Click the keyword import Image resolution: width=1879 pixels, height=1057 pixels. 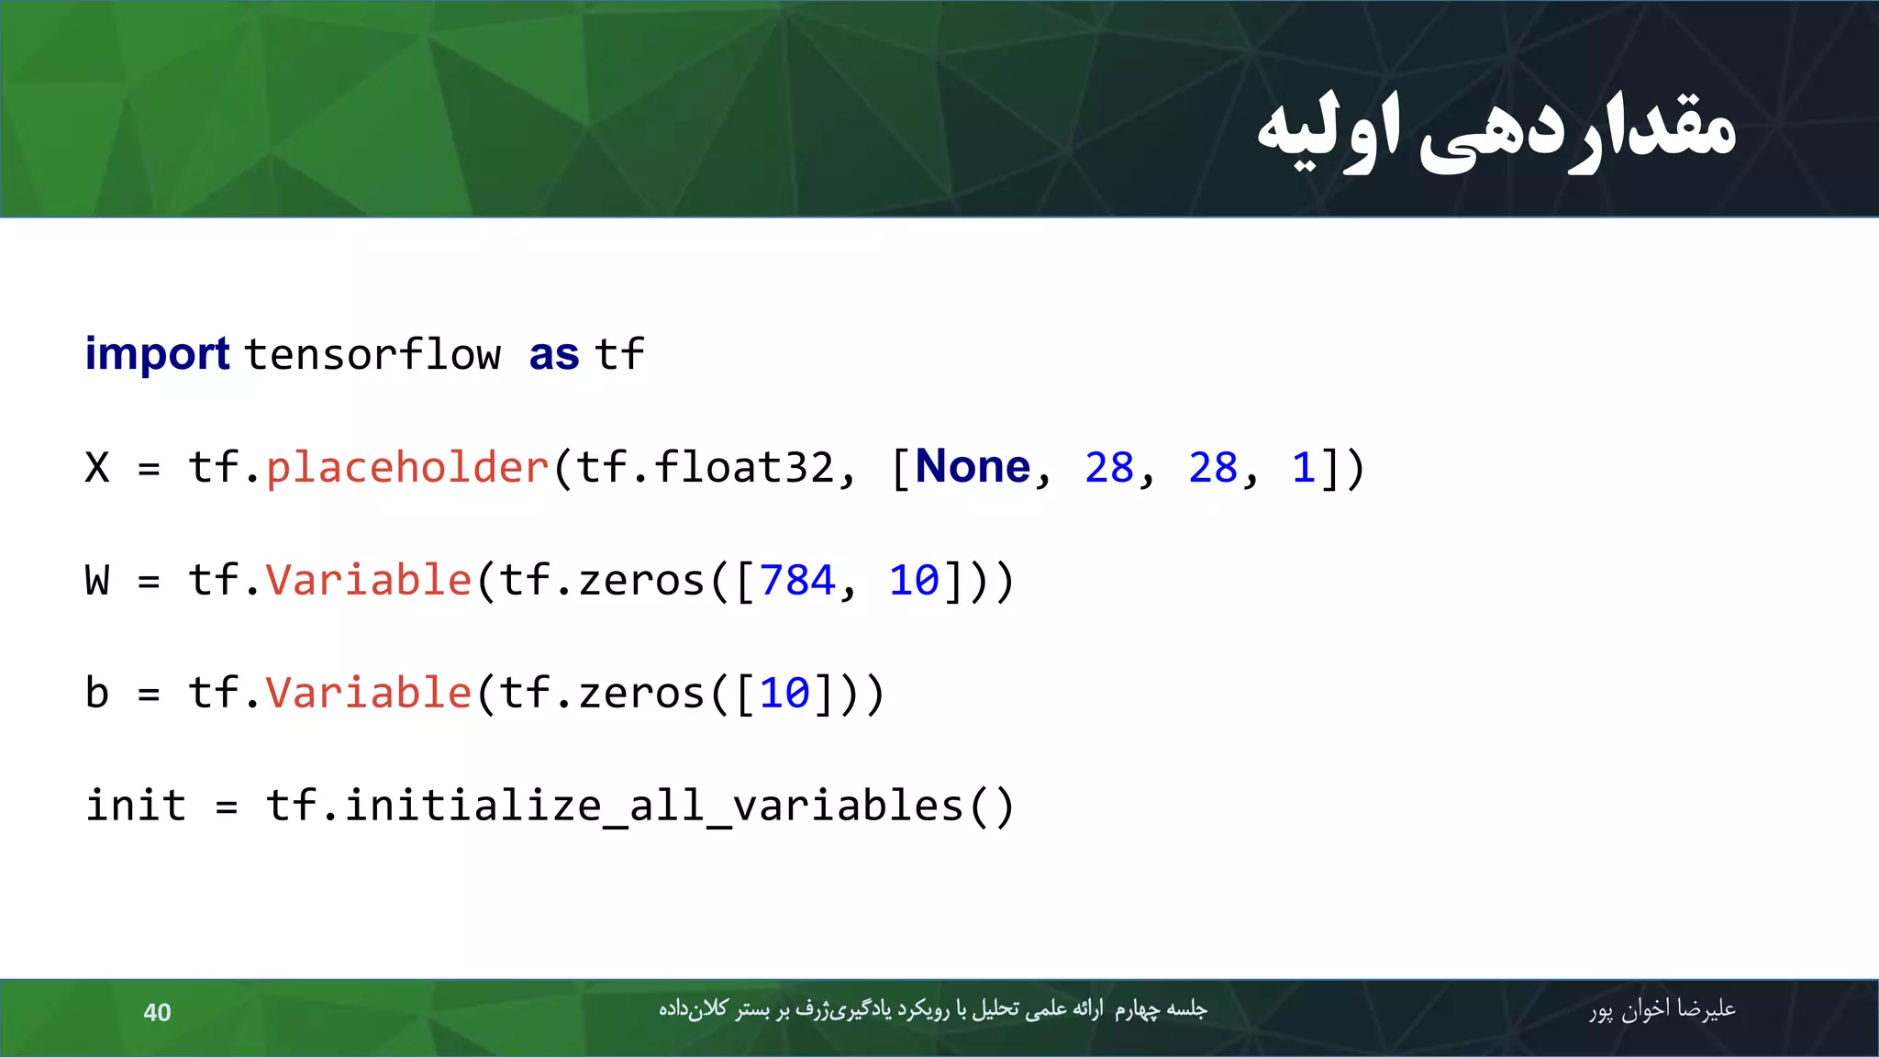pyautogui.click(x=157, y=355)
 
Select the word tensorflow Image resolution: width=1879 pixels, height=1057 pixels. pyautogui.click(x=372, y=355)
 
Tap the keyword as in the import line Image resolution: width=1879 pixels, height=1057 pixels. pyautogui.click(x=554, y=355)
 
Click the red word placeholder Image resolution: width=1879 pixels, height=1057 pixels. pyautogui.click(x=406, y=468)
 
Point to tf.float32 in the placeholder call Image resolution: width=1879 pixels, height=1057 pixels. pyautogui.click(x=705, y=468)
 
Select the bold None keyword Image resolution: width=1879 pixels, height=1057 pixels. pyautogui.click(x=973, y=467)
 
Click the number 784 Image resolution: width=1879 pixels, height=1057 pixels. pyautogui.click(x=797, y=581)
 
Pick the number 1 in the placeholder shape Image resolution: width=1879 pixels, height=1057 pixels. pyautogui.click(x=1303, y=468)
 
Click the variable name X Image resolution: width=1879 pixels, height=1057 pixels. pyautogui.click(x=97, y=468)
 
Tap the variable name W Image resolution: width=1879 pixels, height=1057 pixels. pyautogui.click(x=97, y=581)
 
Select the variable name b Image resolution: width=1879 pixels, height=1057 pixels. pyautogui.click(x=97, y=694)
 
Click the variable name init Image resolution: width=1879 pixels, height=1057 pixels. pyautogui.click(x=136, y=806)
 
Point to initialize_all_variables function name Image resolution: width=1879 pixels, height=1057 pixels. pyautogui.click(x=653, y=806)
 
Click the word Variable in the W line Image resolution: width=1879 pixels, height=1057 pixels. pyautogui.click(x=368, y=581)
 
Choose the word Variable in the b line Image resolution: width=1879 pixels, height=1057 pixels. pyautogui.click(x=368, y=694)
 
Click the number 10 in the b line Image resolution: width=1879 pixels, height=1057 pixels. pyautogui.click(x=784, y=694)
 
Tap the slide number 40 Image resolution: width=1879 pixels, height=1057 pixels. pyautogui.click(x=157, y=1012)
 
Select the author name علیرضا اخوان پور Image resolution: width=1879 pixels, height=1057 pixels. pyautogui.click(x=1662, y=1009)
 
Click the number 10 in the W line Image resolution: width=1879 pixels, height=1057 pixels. pyautogui.click(x=914, y=581)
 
